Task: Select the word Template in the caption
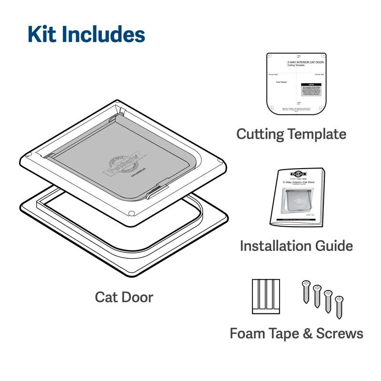318,134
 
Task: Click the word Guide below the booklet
334,246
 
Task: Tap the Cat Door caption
124,297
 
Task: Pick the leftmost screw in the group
305,291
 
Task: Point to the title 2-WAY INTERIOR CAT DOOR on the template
304,62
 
